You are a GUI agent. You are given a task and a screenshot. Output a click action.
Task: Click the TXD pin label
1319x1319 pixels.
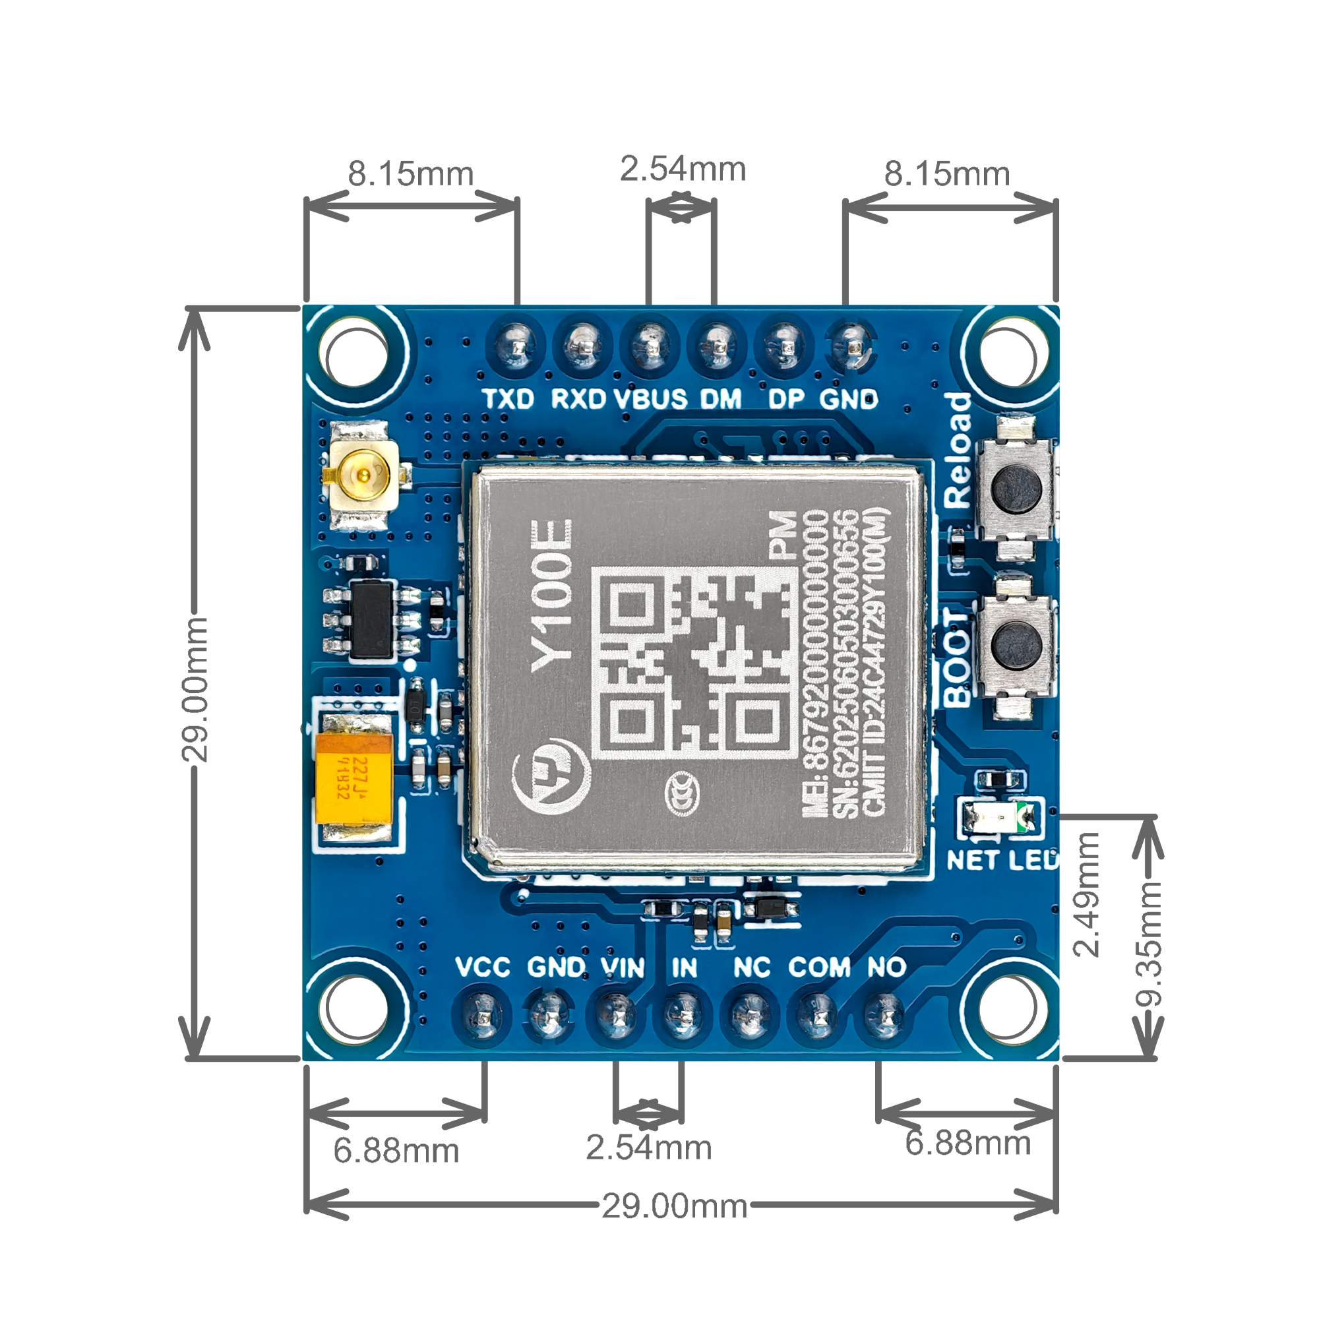coord(508,399)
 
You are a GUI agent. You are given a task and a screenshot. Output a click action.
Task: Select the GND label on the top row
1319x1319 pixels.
coord(848,399)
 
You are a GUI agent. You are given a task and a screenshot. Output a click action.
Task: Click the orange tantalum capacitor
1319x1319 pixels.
coord(353,779)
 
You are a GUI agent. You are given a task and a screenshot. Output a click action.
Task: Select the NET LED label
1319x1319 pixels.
coord(1001,861)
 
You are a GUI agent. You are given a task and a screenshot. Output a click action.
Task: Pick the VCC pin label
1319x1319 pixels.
coord(483,967)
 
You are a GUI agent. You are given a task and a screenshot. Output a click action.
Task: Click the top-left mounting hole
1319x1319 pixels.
coord(356,355)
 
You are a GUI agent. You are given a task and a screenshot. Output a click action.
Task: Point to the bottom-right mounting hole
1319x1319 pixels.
coord(1009,1008)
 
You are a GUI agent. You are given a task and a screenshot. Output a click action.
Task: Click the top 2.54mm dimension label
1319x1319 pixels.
coord(683,169)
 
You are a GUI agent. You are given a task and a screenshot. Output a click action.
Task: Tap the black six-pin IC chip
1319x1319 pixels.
coord(371,619)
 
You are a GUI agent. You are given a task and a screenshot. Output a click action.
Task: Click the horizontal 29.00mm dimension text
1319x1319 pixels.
coord(675,1207)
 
